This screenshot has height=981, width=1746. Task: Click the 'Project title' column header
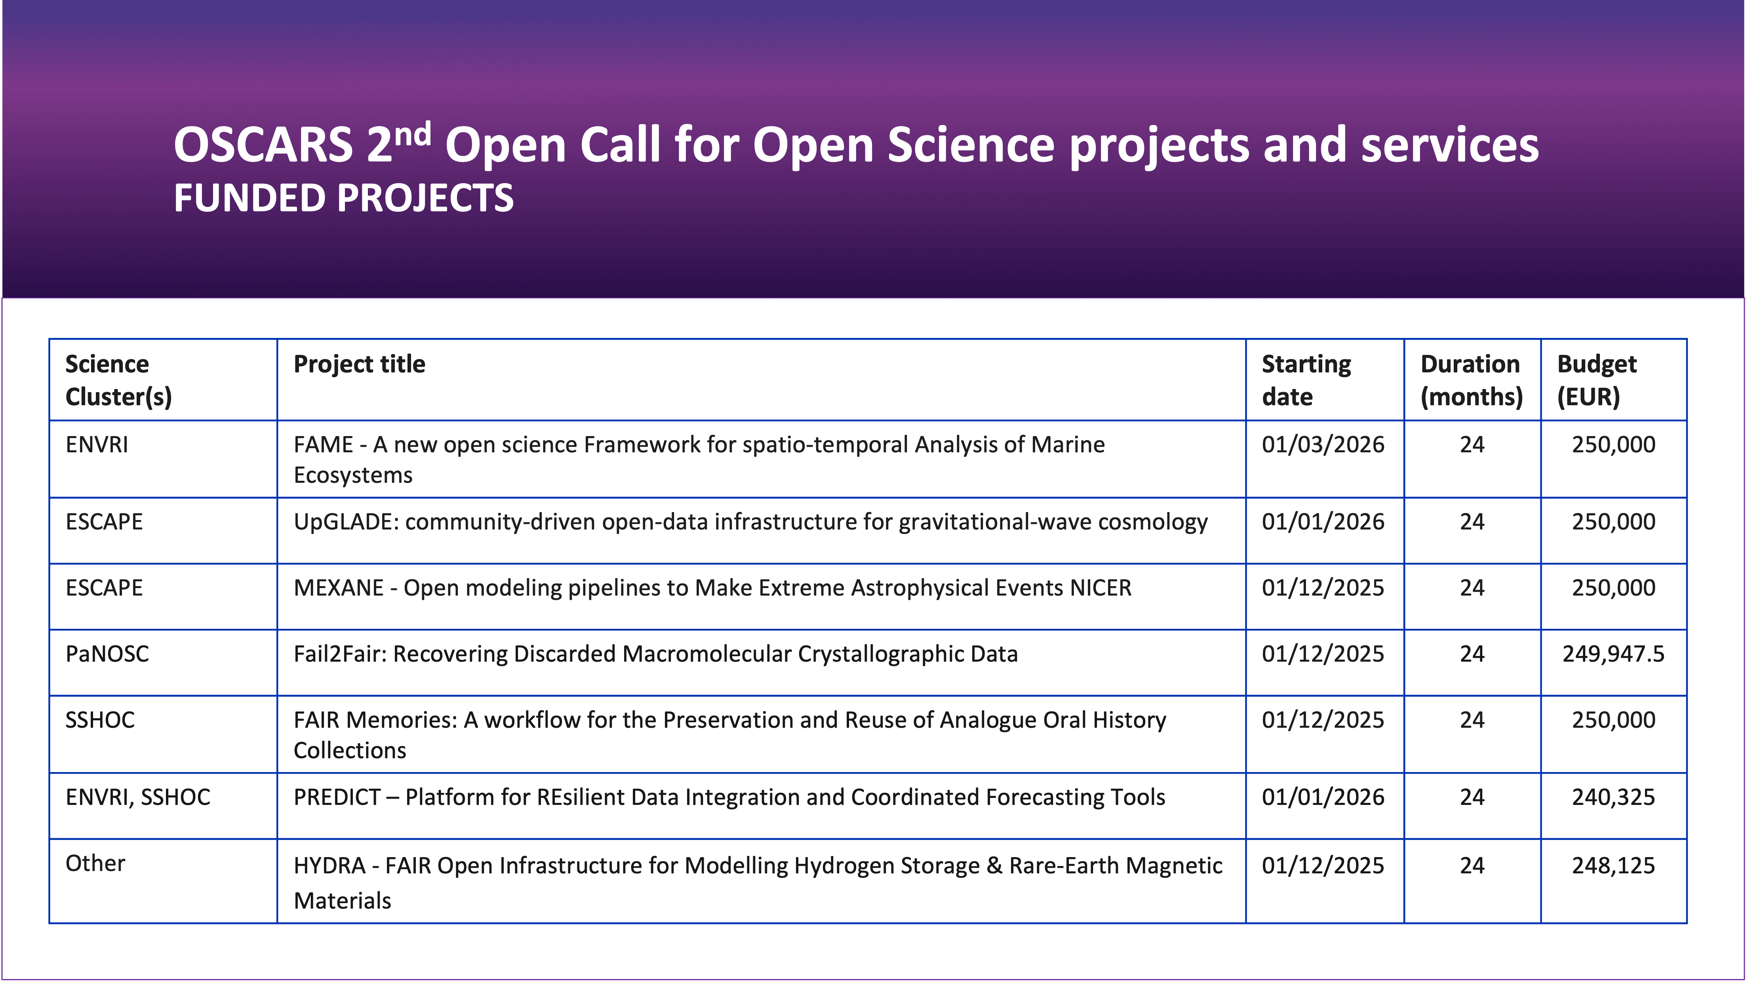pos(359,364)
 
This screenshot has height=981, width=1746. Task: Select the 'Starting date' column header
pos(1306,380)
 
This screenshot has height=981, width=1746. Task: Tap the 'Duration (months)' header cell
pos(1471,380)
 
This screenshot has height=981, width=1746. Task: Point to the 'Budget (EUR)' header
pos(1596,380)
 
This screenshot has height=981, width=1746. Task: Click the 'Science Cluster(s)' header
pos(119,380)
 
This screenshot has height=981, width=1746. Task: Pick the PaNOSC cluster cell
pos(107,654)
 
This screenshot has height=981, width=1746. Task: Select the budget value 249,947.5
pos(1613,654)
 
